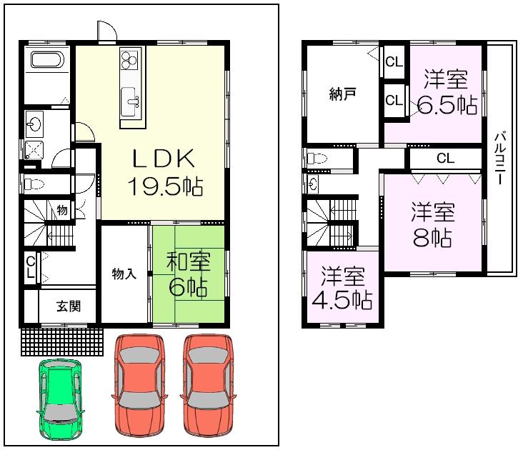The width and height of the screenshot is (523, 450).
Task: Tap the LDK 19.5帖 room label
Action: coord(165,172)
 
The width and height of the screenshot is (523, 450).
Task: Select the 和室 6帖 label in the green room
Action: coord(188,274)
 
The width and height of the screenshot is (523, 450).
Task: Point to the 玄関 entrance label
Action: coord(69,306)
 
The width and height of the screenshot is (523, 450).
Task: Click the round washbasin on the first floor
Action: coord(34,125)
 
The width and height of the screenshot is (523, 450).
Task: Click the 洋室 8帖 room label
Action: coord(433,224)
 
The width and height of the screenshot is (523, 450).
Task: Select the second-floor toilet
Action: coord(318,159)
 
